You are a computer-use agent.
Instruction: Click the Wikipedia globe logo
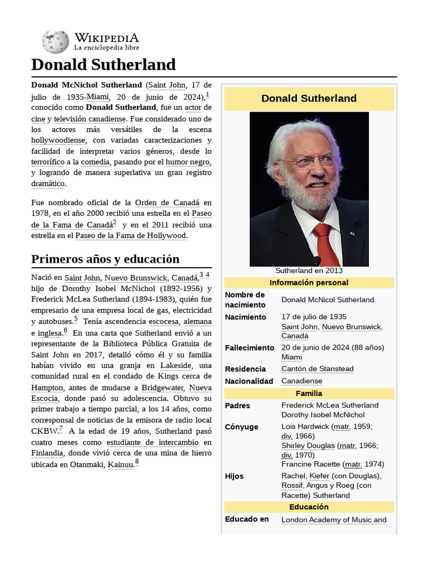coord(55,41)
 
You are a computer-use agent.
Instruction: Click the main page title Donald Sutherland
coord(103,65)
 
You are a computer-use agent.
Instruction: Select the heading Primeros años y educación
coord(105,259)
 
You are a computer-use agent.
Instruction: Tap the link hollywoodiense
coord(58,140)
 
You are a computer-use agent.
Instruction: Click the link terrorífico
coord(47,162)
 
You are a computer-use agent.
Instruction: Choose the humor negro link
coord(187,162)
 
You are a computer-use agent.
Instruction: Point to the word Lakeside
coord(176,365)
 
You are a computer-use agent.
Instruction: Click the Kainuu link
coord(120,464)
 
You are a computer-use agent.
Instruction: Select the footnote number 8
coord(137,462)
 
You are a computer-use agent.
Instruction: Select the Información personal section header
coord(309,283)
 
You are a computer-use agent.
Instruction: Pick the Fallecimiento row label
coord(250,347)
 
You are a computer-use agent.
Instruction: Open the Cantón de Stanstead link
coord(317,369)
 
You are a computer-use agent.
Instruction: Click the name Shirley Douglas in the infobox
coord(308,446)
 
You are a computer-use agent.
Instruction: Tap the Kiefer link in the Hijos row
coord(319,476)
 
